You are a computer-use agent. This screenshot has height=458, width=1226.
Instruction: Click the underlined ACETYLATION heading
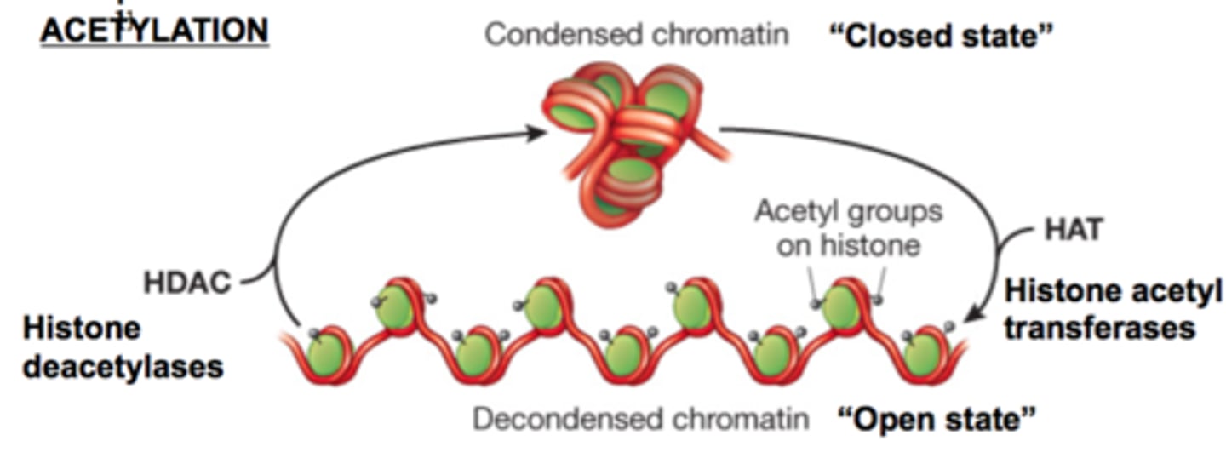155,31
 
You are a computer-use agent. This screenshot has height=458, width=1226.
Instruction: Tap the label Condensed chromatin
636,35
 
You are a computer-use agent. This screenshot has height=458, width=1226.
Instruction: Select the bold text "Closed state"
941,36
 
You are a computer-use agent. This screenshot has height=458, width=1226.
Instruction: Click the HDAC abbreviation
187,283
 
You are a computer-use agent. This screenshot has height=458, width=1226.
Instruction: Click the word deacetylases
123,366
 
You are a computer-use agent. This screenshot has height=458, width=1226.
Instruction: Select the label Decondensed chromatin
640,419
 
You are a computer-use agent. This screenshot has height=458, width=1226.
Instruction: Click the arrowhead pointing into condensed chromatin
536,133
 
